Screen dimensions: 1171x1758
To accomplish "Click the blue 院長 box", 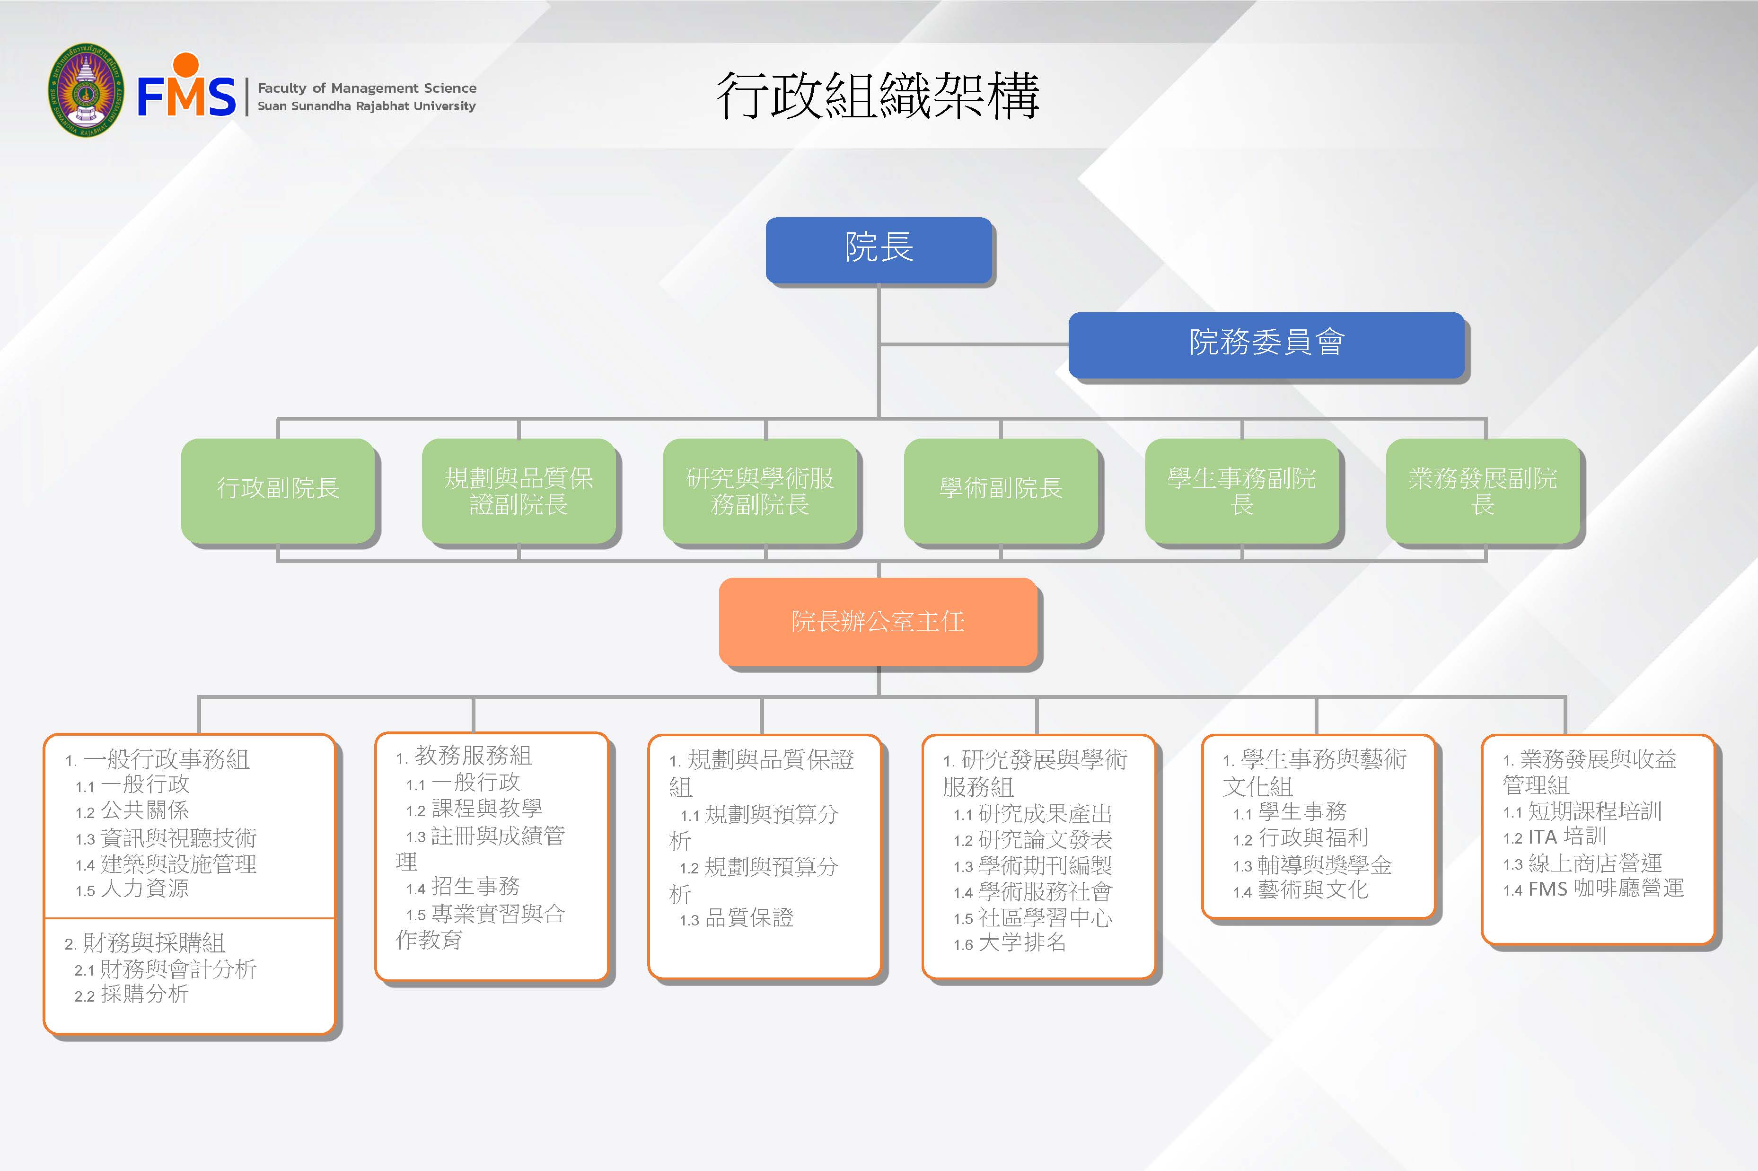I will click(x=879, y=249).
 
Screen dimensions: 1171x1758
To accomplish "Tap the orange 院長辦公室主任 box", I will click(x=878, y=621).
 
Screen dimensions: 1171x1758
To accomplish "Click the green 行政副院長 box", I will click(x=278, y=490).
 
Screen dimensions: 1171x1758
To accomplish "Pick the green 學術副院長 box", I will click(x=1001, y=490).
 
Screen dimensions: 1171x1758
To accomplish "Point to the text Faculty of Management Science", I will click(x=367, y=88).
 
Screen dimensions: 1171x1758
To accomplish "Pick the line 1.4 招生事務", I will click(x=463, y=887).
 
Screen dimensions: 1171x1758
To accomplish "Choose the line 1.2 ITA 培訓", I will click(x=1554, y=837).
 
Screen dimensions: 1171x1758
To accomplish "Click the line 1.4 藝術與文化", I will click(x=1301, y=891).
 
